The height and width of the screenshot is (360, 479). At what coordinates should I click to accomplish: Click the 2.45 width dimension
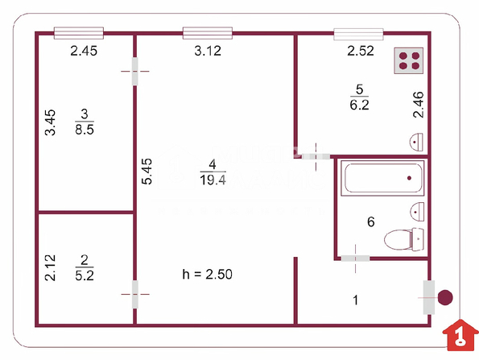pos(84,51)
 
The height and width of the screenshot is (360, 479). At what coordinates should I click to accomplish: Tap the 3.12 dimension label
pos(208,51)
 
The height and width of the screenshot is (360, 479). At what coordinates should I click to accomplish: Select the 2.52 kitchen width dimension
pos(361,51)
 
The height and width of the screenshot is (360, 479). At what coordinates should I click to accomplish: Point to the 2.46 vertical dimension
pos(418,105)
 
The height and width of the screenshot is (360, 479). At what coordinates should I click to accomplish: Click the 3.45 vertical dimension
pos(50,122)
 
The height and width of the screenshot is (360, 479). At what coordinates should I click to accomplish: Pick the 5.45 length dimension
pos(147,171)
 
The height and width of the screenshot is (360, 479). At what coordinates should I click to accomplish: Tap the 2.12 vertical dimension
pos(50,267)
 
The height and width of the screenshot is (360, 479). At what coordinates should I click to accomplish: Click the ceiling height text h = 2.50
pos(207,274)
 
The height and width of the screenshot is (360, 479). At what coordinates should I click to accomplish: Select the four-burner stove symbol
pos(409,60)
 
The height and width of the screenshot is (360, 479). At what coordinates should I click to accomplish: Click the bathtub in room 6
pos(382,178)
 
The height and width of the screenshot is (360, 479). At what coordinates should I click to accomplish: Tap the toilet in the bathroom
pos(404,239)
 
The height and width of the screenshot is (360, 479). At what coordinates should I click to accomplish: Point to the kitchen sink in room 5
pos(416,142)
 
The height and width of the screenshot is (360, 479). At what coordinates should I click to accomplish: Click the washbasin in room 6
pos(417,212)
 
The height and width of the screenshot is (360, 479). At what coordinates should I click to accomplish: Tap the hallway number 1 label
pos(355,300)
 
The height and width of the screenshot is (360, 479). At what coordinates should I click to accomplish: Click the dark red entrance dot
pos(445,297)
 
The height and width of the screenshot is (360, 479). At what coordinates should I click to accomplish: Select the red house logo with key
pos(460,335)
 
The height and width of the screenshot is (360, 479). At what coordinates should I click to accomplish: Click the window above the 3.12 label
pos(208,33)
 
